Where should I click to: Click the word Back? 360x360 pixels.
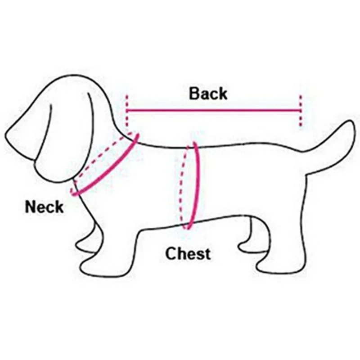(208, 94)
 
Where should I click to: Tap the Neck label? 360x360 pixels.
(44, 207)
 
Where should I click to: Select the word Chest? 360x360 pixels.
(188, 254)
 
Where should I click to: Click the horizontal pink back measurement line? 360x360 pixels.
(214, 109)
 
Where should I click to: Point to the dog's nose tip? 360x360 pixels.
(10, 135)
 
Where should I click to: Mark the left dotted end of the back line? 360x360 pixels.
(127, 110)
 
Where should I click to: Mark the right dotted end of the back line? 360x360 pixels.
(300, 110)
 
